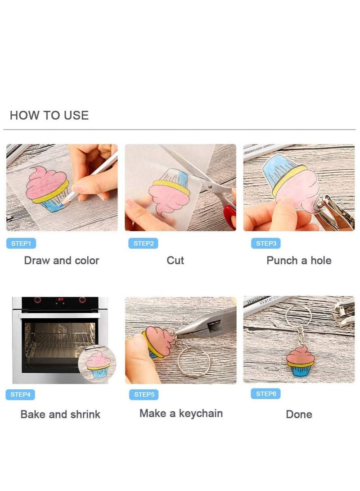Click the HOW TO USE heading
pos(49,116)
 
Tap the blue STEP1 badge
pos(21,243)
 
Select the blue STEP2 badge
pos(144,243)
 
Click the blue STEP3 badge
pos(265,243)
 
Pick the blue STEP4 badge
pos(21,395)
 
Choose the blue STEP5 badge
pos(144,395)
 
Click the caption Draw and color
pos(62,261)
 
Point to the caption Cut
pos(175,261)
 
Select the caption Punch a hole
pos(299,261)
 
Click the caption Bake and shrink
pos(60,414)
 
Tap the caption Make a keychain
pos(181,414)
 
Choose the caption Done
pos(299,414)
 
